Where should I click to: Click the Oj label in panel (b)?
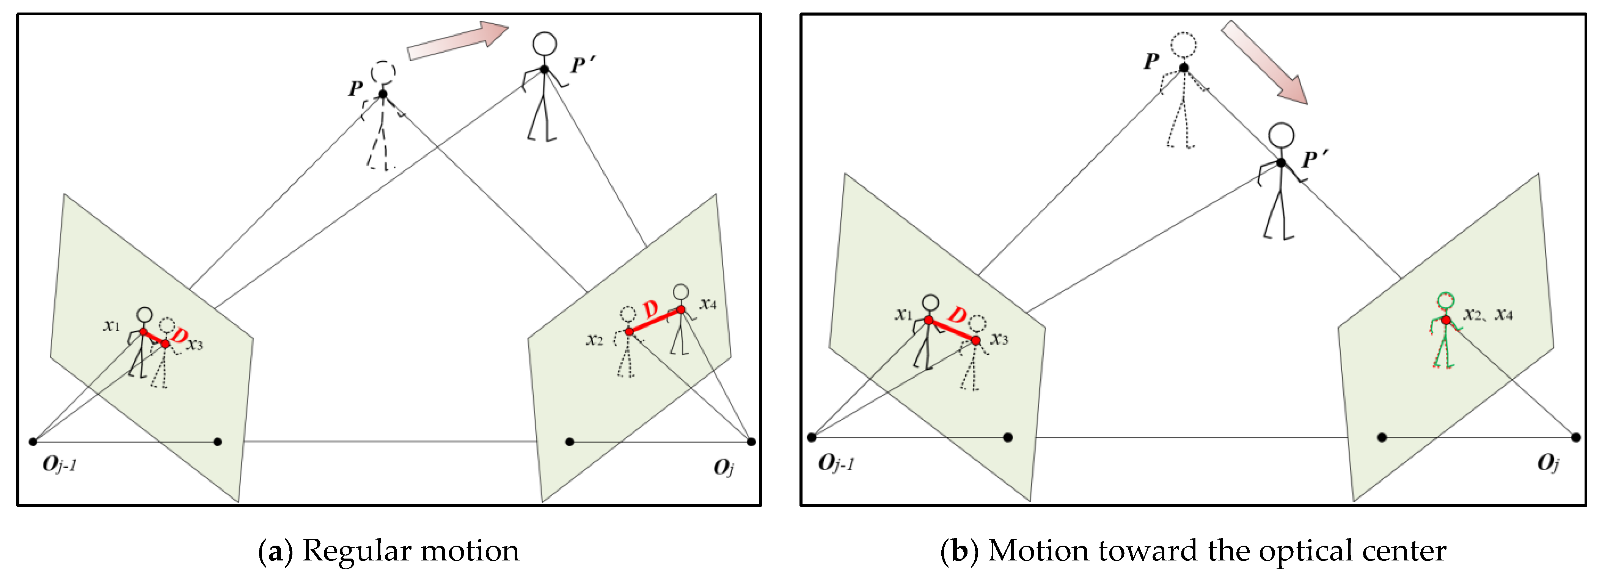[1548, 463]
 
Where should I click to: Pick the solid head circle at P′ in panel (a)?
[544, 44]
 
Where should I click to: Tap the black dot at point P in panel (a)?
[382, 94]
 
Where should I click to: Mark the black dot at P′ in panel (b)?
[1281, 162]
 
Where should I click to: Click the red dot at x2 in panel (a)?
[629, 331]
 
